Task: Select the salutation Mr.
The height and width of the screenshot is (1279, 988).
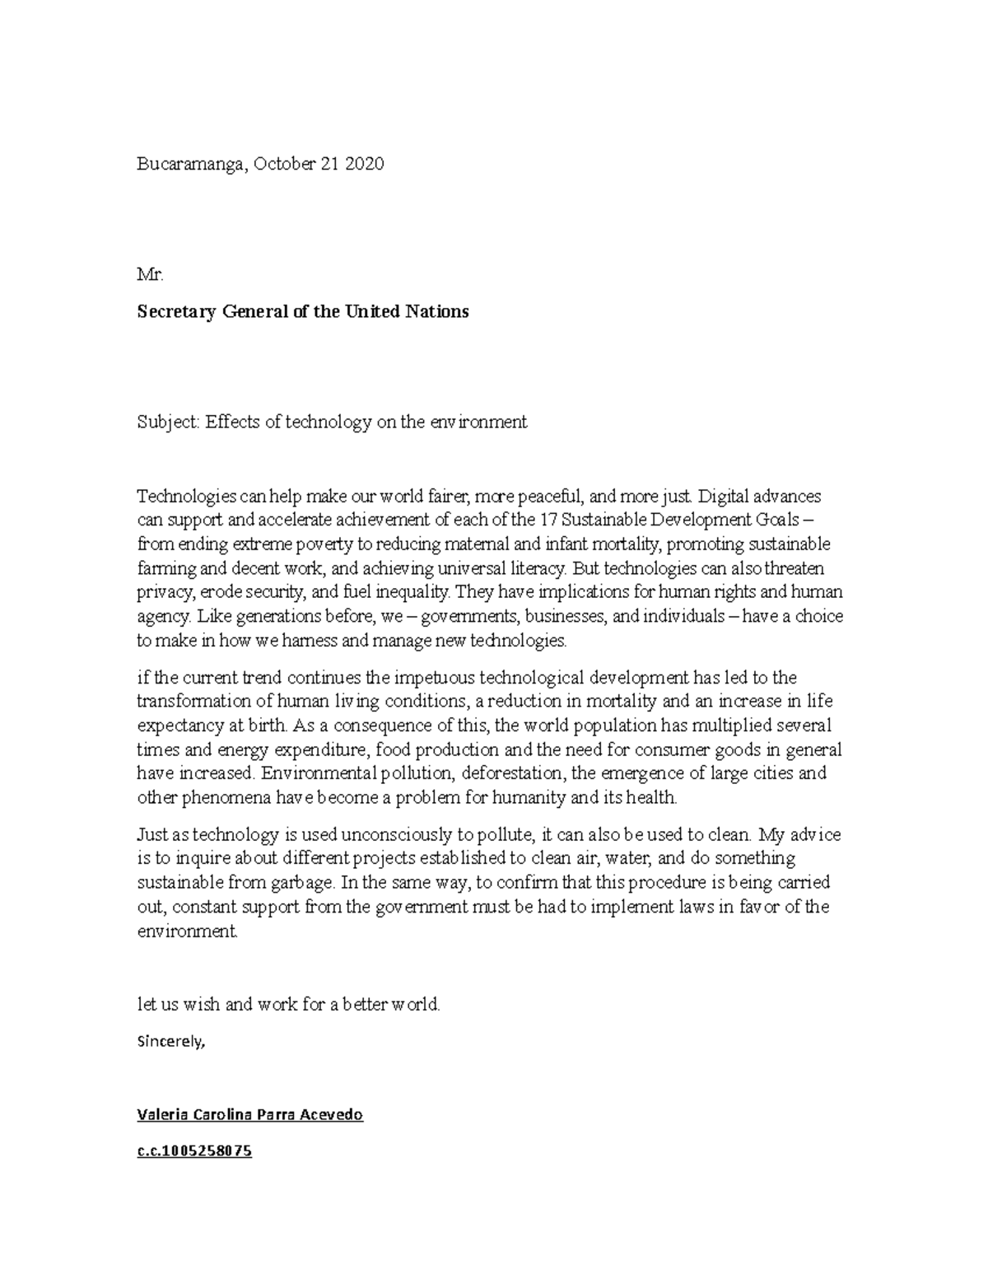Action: tap(150, 275)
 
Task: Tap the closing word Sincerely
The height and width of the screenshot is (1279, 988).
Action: tap(170, 1041)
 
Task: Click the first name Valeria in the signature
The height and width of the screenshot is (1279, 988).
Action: tap(161, 1115)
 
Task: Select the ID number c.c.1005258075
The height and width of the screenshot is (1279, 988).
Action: tap(193, 1151)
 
